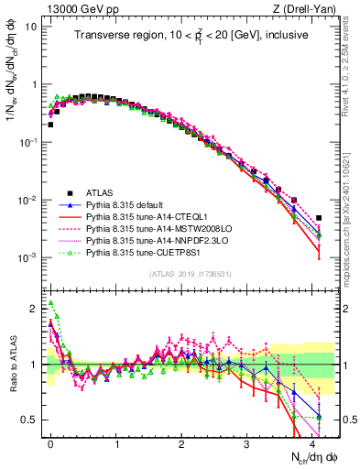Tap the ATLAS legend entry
pyautogui.click(x=99, y=193)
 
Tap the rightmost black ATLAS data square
pyautogui.click(x=319, y=218)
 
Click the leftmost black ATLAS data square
pyautogui.click(x=50, y=124)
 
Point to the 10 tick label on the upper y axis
pyautogui.click(x=31, y=26)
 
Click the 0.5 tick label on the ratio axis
pyautogui.click(x=30, y=420)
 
